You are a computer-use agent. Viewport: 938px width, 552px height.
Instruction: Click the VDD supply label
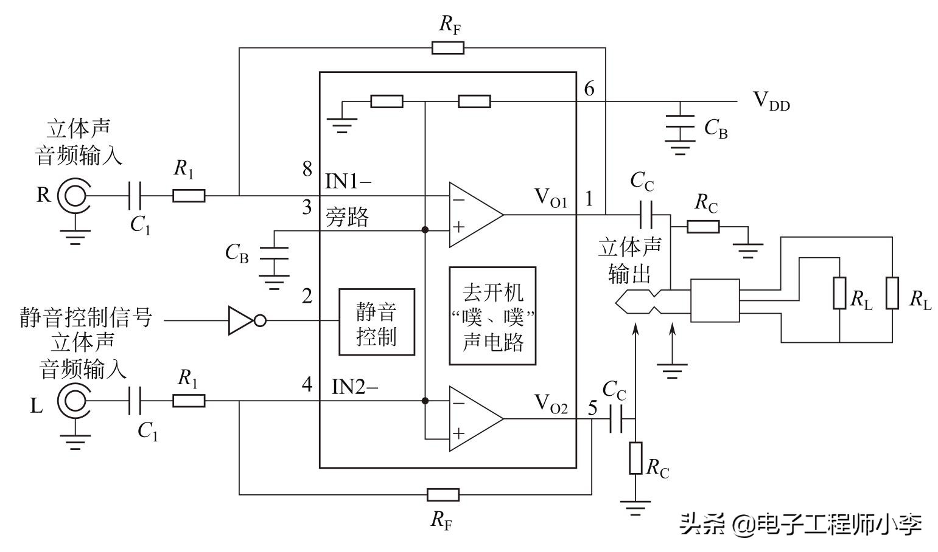[x=771, y=100]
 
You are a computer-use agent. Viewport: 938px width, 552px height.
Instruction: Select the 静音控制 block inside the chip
[x=377, y=322]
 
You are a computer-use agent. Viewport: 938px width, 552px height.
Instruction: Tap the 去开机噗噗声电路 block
[x=492, y=316]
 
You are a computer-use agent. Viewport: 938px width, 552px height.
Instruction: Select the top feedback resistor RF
[x=447, y=47]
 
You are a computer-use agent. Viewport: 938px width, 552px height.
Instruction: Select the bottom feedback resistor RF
[x=443, y=494]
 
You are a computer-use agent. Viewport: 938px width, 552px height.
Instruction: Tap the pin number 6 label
[x=589, y=89]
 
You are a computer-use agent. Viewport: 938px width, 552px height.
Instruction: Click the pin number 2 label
[x=307, y=296]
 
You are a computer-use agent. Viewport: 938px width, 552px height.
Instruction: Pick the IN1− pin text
[x=349, y=181]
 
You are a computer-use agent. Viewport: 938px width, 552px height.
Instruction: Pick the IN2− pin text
[x=355, y=386]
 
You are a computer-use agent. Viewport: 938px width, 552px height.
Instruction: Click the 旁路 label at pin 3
[x=347, y=217]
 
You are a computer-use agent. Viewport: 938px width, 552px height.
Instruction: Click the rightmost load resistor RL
[x=892, y=293]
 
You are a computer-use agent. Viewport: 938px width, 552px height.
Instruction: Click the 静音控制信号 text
[x=85, y=317]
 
